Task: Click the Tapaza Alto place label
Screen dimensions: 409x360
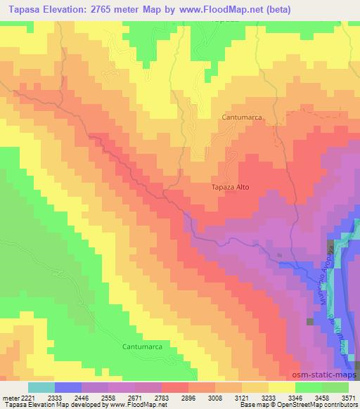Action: click(x=230, y=188)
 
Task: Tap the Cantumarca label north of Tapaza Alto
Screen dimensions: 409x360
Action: click(x=241, y=118)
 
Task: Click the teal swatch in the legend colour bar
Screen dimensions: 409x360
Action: click(x=41, y=387)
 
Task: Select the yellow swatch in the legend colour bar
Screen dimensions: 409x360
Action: click(x=282, y=387)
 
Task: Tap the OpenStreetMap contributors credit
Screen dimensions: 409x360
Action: click(x=316, y=404)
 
